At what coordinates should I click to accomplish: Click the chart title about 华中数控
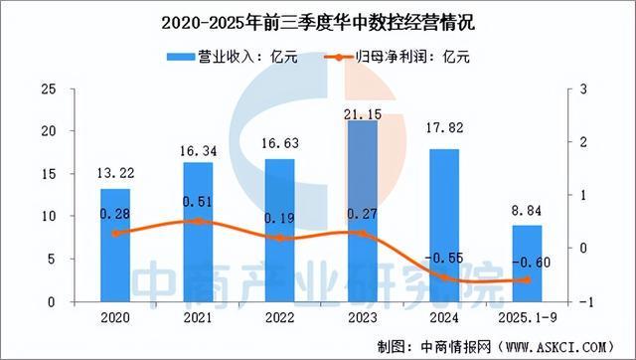point(317,21)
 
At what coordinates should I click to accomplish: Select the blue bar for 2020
point(115,244)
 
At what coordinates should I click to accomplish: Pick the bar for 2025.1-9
point(527,263)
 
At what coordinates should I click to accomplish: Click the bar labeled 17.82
point(444,225)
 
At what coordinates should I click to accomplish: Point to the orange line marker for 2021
point(198,221)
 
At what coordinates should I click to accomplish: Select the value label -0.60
point(528,264)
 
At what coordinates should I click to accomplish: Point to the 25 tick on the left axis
point(47,90)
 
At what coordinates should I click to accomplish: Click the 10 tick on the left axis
point(47,216)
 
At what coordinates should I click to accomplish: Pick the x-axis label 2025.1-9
point(527,317)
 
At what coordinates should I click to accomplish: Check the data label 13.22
point(115,175)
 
